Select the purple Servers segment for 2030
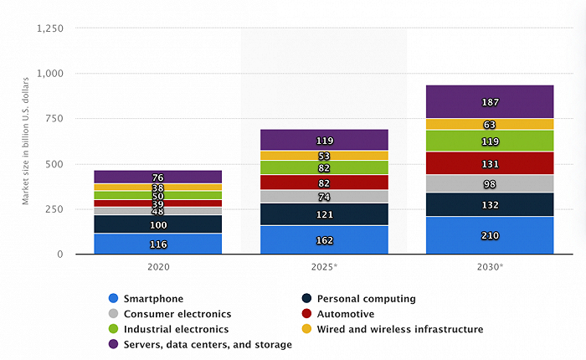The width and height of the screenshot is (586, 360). coord(490,101)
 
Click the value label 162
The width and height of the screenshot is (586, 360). coord(325,240)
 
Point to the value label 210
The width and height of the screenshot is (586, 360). coord(490,235)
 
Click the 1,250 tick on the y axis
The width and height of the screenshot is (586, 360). coord(51,28)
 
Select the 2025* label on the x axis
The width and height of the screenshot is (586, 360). coord(325,267)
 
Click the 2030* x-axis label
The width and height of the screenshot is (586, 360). coord(490,267)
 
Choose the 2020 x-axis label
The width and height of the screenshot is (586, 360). coord(158,267)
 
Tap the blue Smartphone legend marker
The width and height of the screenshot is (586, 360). coord(114,299)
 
